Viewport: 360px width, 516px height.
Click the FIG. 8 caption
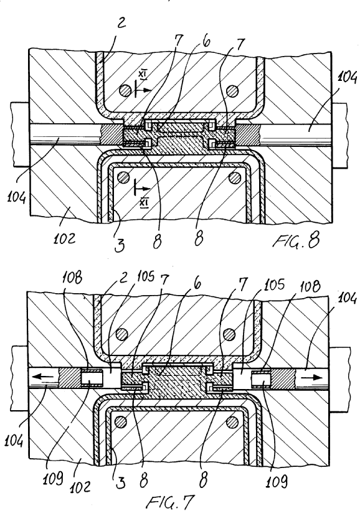pos(296,242)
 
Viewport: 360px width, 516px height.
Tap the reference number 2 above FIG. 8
pos(121,24)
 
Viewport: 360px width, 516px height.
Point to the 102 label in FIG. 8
pos(65,238)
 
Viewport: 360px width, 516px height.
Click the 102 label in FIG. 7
pos(80,486)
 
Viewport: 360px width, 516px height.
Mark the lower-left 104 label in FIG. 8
pos(16,197)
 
